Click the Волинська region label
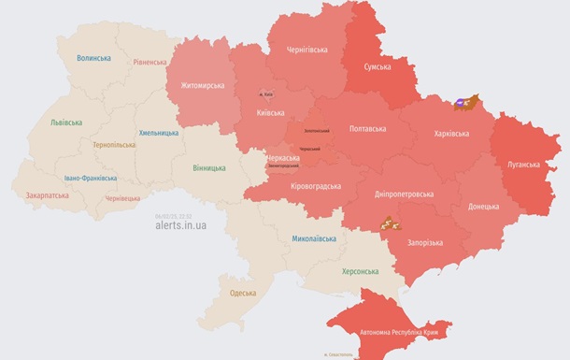pos(93,58)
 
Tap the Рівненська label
pos(150,63)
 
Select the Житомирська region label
pos(196,86)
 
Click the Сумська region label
pos(378,67)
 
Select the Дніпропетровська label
pos(403,194)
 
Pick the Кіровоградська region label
pos(315,186)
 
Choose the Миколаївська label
pos(313,239)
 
